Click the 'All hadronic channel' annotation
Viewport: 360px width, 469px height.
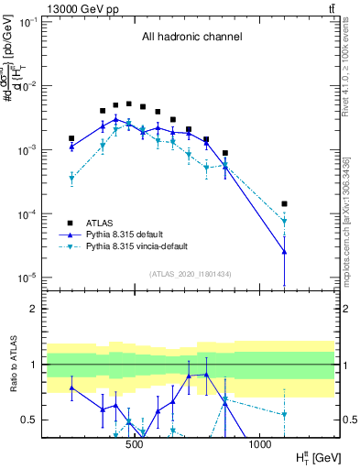pyautogui.click(x=191, y=38)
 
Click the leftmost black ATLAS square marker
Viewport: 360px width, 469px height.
pyautogui.click(x=71, y=138)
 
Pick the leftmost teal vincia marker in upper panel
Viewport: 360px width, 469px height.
pyautogui.click(x=71, y=179)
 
